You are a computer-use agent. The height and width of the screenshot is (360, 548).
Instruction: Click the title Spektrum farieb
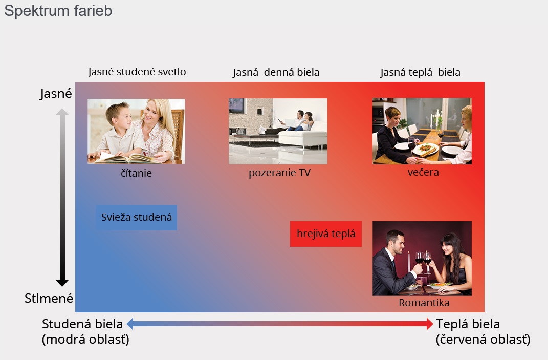[58, 11]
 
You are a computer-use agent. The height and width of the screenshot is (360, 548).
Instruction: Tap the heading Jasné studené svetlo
[137, 72]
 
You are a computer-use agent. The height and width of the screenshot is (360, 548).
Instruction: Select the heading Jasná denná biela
[276, 72]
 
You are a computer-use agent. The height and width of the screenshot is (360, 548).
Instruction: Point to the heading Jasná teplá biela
[420, 72]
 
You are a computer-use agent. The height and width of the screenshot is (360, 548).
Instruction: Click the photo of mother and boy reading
[136, 131]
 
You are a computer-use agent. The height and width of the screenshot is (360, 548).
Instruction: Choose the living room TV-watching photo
[278, 131]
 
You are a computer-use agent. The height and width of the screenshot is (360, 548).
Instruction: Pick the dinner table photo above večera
[422, 131]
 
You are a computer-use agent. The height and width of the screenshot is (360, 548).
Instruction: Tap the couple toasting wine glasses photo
[422, 259]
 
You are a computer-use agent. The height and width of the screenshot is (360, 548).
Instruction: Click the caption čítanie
[136, 173]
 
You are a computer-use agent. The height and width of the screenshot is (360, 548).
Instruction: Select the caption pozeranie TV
[279, 173]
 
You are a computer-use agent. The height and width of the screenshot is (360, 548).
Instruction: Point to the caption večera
[423, 172]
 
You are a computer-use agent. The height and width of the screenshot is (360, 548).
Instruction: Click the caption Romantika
[424, 303]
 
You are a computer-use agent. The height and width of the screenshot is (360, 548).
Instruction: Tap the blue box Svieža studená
[136, 217]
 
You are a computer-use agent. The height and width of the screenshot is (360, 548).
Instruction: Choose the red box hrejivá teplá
[326, 234]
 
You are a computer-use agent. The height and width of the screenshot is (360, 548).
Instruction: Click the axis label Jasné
[56, 94]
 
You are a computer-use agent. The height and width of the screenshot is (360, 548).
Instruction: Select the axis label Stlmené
[49, 299]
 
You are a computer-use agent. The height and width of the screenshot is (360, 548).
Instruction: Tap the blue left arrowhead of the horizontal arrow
[130, 324]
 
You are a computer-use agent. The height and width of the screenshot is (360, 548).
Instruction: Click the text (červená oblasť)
[483, 340]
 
